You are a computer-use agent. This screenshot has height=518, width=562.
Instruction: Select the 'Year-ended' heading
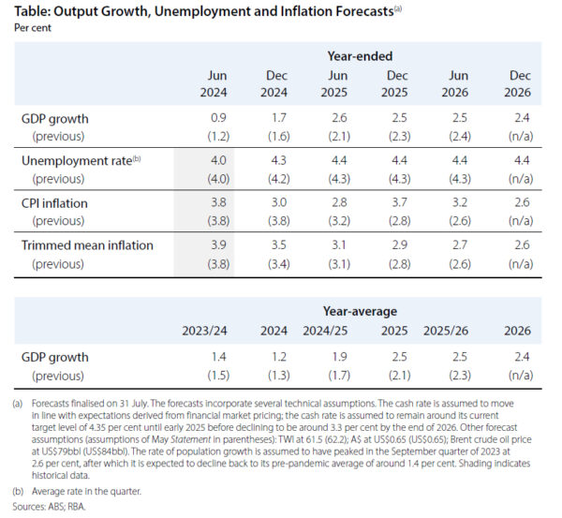(361, 56)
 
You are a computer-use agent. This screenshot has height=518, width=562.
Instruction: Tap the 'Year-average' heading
(360, 310)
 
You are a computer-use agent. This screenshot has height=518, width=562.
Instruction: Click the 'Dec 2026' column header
(519, 83)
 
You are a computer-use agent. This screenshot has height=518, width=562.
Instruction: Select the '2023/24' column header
(205, 331)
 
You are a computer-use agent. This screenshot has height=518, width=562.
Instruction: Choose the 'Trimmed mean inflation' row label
(87, 245)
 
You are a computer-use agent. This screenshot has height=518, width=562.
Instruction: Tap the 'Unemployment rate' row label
(78, 161)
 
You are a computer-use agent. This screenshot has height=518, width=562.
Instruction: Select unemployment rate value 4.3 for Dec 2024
(278, 161)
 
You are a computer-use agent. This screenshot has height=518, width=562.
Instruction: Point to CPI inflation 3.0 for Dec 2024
(278, 203)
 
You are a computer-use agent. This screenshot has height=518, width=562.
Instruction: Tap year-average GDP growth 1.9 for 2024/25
(333, 357)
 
